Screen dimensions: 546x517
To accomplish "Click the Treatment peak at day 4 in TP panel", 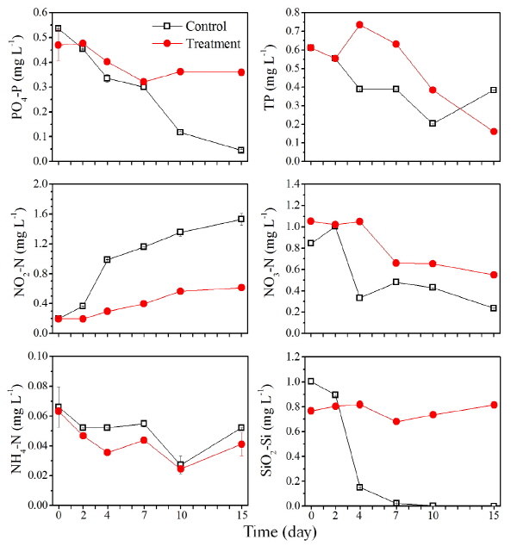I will point(359,25).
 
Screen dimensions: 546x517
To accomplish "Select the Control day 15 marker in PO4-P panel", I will point(241,150).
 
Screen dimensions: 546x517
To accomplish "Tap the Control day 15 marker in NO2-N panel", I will point(241,219).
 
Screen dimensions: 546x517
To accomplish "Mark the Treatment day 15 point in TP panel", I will point(494,132).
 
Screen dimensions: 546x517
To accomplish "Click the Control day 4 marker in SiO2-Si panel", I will point(359,487).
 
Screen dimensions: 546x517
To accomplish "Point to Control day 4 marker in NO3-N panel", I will point(359,298).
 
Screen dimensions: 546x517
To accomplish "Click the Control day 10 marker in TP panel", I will point(433,123).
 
